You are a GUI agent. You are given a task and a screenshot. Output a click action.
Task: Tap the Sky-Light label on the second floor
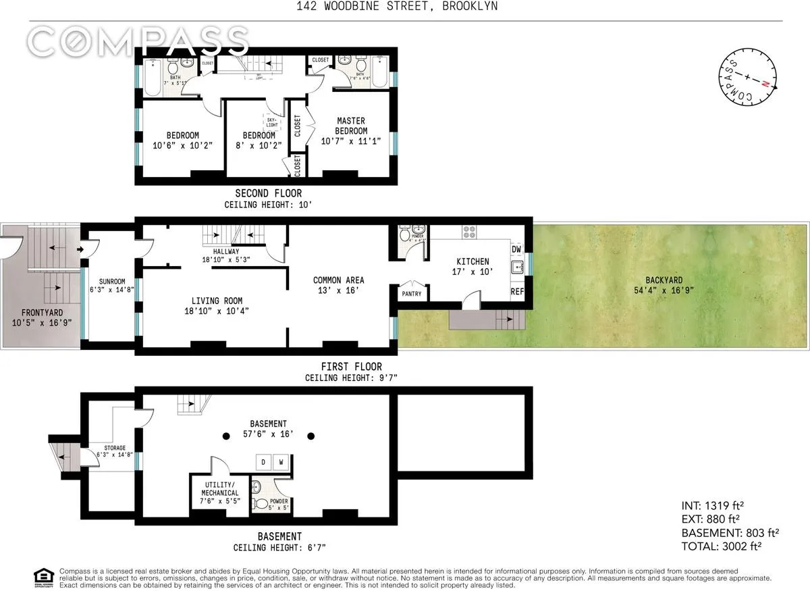point(271,122)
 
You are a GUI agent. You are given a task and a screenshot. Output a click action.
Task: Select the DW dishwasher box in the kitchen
point(516,249)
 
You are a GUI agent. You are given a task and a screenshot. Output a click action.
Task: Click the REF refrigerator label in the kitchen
point(517,292)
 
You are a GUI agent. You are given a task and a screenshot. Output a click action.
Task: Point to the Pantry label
point(411,294)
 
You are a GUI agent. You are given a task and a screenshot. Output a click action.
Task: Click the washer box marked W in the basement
point(281,463)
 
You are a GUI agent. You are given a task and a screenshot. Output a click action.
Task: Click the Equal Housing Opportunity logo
point(43,576)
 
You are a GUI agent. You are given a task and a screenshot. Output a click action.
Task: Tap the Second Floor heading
point(268,194)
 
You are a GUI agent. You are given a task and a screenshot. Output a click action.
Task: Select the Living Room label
point(217,301)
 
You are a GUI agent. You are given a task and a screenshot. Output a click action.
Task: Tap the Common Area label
point(338,280)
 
